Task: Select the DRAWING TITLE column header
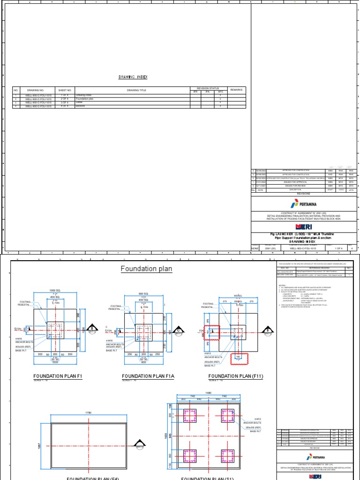tap(136, 90)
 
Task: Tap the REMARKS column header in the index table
tap(236, 89)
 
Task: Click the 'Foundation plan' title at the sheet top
tap(146, 269)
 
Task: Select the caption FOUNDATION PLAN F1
tap(58, 376)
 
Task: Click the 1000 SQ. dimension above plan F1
tap(56, 291)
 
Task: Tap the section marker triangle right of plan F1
tap(93, 328)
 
